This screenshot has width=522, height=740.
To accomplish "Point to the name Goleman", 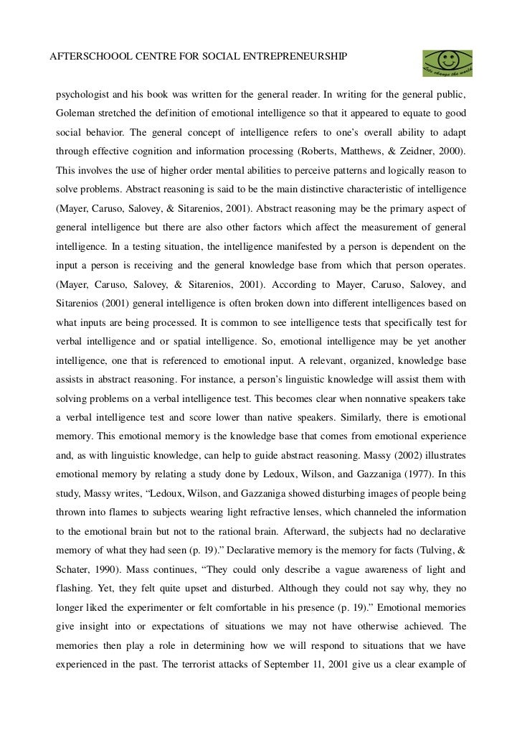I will tap(75, 114).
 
